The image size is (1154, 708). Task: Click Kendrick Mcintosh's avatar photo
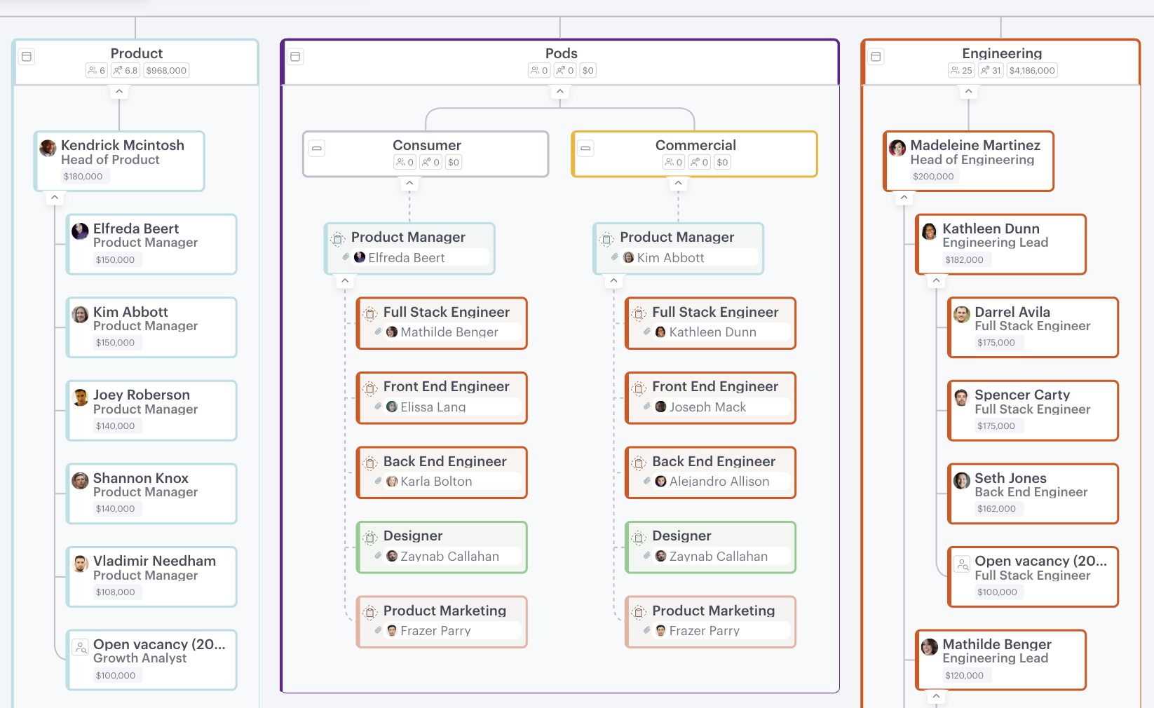(48, 148)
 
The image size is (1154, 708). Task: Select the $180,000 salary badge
(83, 177)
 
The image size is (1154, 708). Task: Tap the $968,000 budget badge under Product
(166, 71)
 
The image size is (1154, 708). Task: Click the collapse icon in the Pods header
(296, 57)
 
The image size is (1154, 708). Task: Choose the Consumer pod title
(426, 145)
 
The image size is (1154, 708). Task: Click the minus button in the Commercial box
(585, 149)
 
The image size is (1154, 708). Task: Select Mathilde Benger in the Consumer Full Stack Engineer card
(449, 332)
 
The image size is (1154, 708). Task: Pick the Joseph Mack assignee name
(707, 407)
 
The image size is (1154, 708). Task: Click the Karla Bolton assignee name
(435, 482)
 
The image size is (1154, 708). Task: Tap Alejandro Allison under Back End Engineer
(719, 482)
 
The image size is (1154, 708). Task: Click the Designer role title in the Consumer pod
(412, 536)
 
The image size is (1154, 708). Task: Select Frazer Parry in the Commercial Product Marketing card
(704, 631)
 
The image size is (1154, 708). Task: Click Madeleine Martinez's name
(975, 145)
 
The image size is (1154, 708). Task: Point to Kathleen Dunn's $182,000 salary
(963, 260)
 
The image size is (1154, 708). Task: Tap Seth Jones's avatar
(962, 480)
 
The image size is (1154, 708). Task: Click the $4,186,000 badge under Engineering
(1031, 71)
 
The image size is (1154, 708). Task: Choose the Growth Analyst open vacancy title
(159, 644)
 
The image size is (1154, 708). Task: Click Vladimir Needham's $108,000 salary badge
(115, 592)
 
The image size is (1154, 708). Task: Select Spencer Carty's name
(1021, 395)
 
